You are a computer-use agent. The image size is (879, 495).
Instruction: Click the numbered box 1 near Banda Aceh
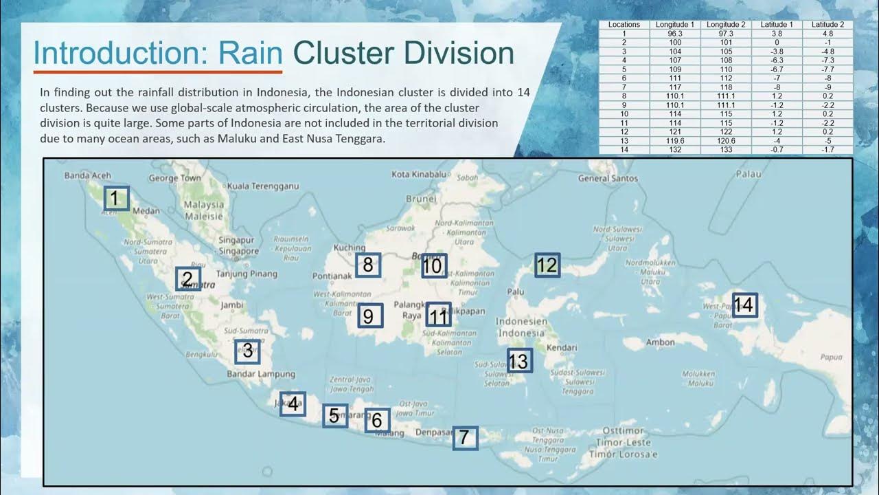pyautogui.click(x=116, y=199)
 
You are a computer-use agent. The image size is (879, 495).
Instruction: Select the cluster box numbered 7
pyautogui.click(x=465, y=437)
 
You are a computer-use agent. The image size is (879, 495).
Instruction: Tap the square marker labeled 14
pyautogui.click(x=744, y=305)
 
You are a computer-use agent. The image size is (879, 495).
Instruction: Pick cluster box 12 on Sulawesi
pyautogui.click(x=547, y=265)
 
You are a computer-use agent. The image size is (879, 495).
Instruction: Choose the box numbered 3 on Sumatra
pyautogui.click(x=247, y=351)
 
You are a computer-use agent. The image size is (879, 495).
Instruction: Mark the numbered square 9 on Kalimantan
pyautogui.click(x=369, y=316)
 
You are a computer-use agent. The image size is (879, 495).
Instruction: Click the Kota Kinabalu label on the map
pyautogui.click(x=419, y=175)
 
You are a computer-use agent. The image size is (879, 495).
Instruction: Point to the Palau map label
pyautogui.click(x=749, y=174)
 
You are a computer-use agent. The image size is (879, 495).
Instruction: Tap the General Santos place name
pyautogui.click(x=608, y=178)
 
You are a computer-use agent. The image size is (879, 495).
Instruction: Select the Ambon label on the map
pyautogui.click(x=661, y=342)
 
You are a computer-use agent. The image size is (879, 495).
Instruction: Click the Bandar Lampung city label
pyautogui.click(x=261, y=374)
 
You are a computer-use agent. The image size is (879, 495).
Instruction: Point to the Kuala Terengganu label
pyautogui.click(x=263, y=186)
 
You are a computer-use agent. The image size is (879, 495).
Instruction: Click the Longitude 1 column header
pyautogui.click(x=675, y=25)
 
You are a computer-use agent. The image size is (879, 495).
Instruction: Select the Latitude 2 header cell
pyautogui.click(x=827, y=25)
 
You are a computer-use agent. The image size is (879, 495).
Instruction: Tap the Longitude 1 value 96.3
pyautogui.click(x=675, y=33)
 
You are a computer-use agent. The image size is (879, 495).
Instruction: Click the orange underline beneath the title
pyautogui.click(x=158, y=71)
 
